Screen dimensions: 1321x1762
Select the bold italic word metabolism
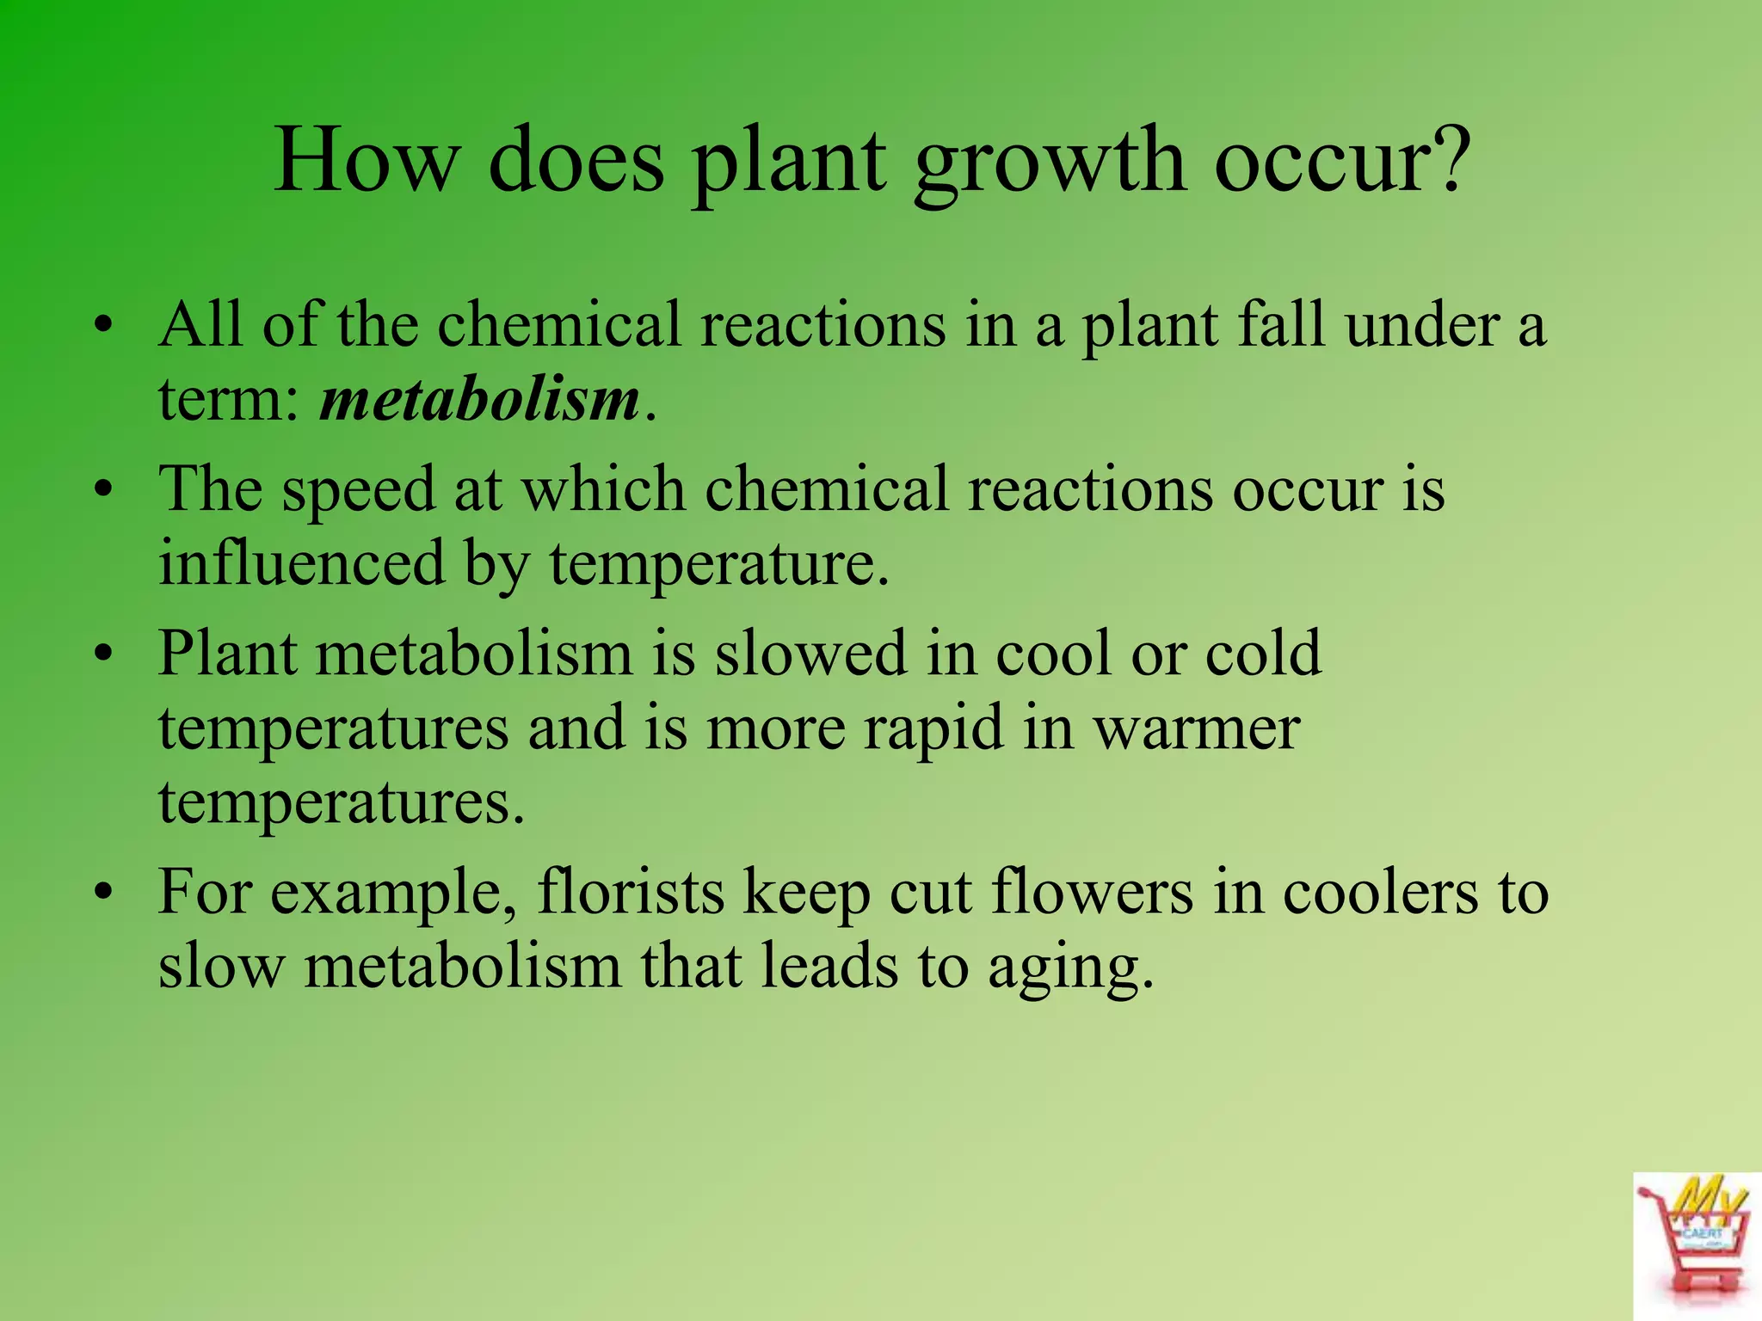(x=480, y=400)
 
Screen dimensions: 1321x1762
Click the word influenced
(x=301, y=564)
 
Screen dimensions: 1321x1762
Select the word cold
(x=1263, y=654)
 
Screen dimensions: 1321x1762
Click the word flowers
(x=1093, y=892)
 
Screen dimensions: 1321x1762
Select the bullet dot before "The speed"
(x=104, y=491)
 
